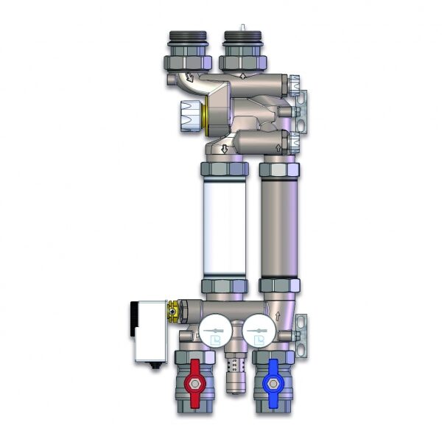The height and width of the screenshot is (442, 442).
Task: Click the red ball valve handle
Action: click(194, 382)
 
